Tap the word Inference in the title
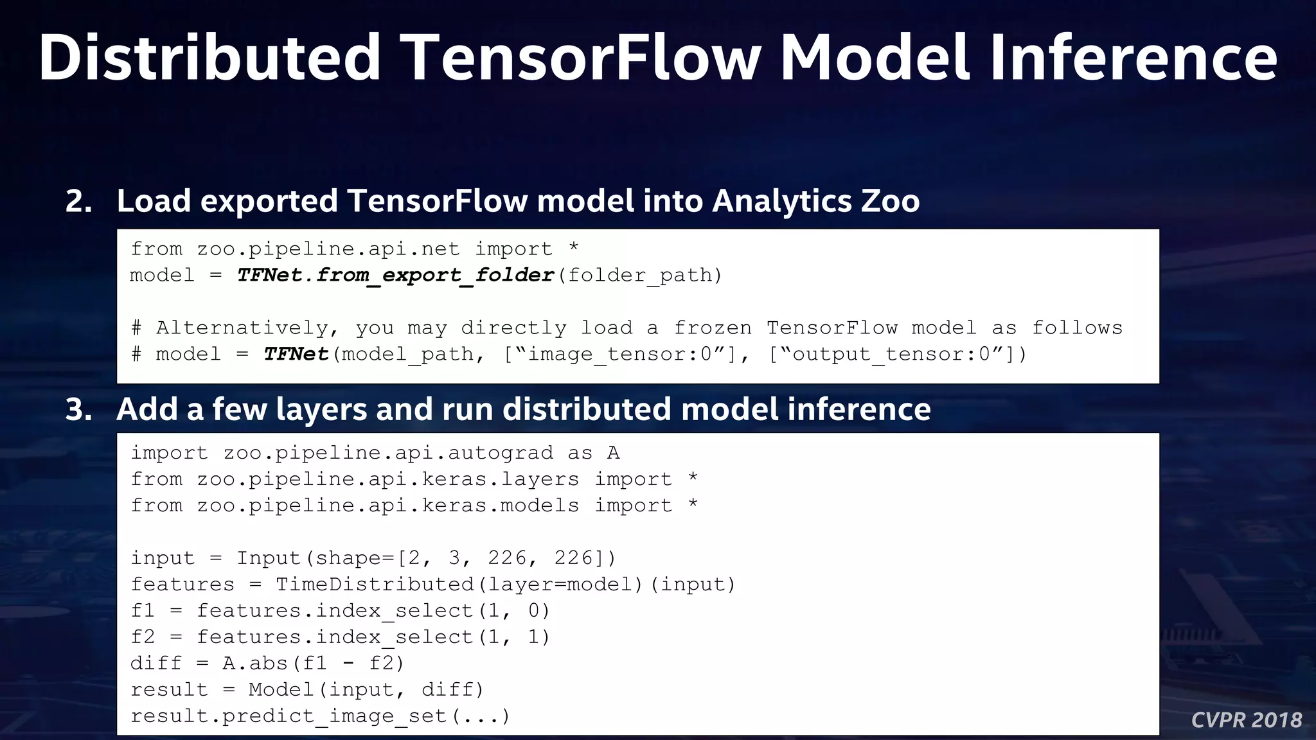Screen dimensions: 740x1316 coord(1134,58)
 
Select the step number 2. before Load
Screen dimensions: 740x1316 coord(78,201)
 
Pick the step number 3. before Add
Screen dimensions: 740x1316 coord(78,409)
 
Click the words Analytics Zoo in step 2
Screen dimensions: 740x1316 coord(815,201)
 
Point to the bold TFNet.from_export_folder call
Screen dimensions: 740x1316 coord(395,275)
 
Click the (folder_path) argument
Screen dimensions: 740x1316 coord(640,276)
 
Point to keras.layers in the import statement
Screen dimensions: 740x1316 coord(500,479)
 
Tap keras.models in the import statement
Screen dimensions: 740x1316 coord(500,506)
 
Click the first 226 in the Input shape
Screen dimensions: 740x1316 coord(507,558)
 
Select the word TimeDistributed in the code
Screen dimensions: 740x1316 coord(375,584)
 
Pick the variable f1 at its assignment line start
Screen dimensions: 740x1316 coord(143,610)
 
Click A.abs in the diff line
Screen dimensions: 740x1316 coord(255,663)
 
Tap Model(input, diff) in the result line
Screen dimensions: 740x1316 coord(366,689)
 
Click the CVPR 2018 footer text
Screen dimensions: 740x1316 coord(1247,720)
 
